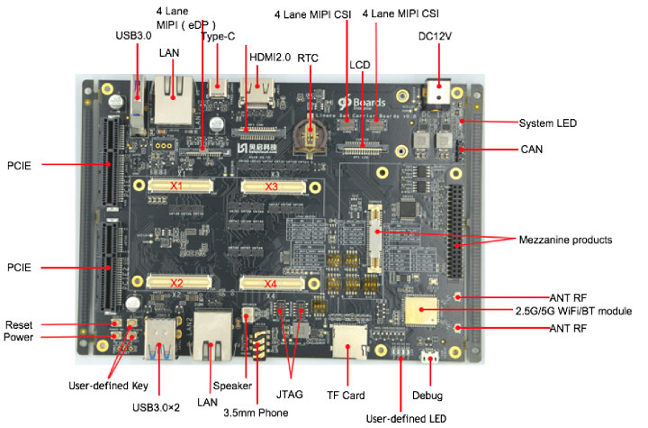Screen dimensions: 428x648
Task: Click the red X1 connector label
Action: tap(176, 187)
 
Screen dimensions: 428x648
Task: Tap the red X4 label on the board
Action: tap(271, 285)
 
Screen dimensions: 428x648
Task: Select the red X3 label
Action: tap(272, 187)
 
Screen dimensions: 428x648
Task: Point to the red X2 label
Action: tap(176, 283)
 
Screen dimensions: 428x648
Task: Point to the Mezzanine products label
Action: tap(570, 240)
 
